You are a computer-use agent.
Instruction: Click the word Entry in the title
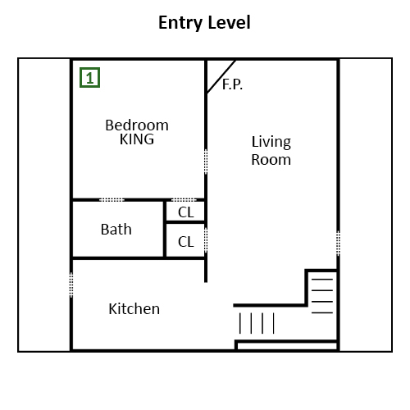click(180, 23)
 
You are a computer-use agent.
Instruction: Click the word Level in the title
click(229, 22)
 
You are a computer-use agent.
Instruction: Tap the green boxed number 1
click(89, 78)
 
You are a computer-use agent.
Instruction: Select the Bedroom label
click(137, 125)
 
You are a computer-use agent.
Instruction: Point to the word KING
click(137, 139)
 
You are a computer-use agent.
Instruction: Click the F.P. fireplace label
click(232, 84)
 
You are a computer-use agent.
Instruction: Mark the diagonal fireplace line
click(221, 77)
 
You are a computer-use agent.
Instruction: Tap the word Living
click(271, 143)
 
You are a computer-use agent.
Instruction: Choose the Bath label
click(116, 230)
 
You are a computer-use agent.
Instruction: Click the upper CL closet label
click(186, 212)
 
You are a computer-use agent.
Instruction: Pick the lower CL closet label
click(186, 242)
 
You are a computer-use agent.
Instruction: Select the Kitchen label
click(134, 309)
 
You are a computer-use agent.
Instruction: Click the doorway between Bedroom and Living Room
click(206, 162)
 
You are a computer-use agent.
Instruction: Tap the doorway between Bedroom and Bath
click(112, 200)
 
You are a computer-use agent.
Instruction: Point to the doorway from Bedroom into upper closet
click(184, 200)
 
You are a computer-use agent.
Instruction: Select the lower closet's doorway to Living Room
click(206, 239)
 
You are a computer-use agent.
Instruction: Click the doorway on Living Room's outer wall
click(338, 244)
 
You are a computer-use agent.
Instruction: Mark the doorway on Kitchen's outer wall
click(71, 285)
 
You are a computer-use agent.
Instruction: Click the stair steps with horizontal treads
click(322, 296)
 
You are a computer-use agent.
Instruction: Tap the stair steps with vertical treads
click(257, 323)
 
